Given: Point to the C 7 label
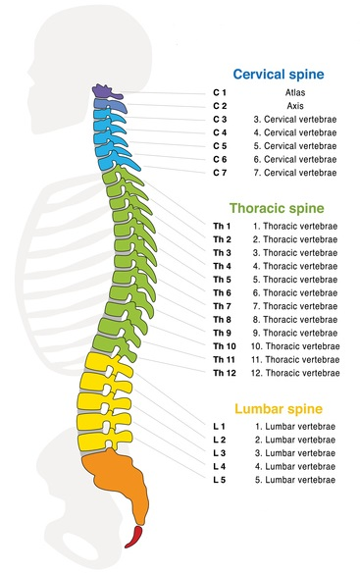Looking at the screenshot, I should point(222,173).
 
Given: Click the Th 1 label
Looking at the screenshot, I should point(222,226).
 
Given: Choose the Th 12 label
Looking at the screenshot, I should point(224,374).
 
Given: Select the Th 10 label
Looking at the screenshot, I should point(224,346).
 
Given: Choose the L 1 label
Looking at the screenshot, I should point(220,426).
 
